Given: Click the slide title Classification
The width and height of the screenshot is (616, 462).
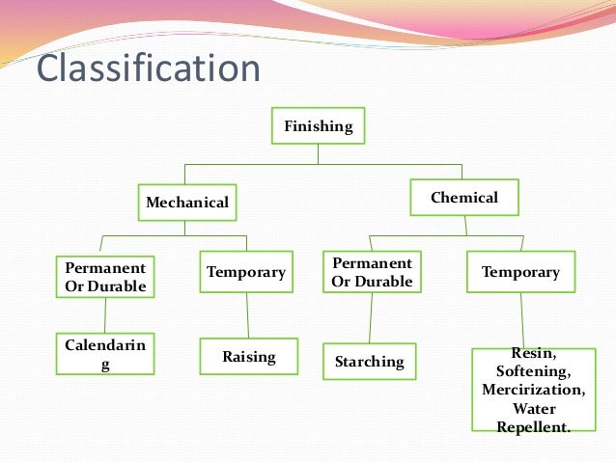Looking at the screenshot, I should point(149,69).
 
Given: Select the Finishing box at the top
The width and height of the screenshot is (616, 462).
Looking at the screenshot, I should point(318,126).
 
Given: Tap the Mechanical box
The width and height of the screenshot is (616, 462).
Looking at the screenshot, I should point(187,203).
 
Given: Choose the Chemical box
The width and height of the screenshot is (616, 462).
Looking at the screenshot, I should point(464,198).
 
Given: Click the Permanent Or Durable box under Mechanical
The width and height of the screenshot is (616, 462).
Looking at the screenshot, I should point(104,276).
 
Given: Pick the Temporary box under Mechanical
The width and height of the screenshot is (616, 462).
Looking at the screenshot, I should point(246,272).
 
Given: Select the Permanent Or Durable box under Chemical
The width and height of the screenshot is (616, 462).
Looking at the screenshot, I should point(372,272).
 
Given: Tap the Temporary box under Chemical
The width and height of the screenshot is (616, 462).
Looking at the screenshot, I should point(520,272).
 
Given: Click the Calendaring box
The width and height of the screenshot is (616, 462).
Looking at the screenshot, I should point(104,354).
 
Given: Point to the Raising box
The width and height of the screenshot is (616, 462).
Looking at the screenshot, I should point(248,357).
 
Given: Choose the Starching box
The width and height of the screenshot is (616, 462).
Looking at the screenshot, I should point(369,362).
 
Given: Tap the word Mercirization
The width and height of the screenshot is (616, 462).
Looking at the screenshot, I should point(534,390).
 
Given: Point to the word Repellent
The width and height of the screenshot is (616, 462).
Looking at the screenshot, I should point(533,426).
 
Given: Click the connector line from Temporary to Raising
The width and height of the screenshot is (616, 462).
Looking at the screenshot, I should point(247,315).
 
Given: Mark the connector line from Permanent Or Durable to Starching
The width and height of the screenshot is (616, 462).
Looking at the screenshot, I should point(371,318).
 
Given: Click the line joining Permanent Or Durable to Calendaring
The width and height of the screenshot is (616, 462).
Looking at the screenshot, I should point(104,314).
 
